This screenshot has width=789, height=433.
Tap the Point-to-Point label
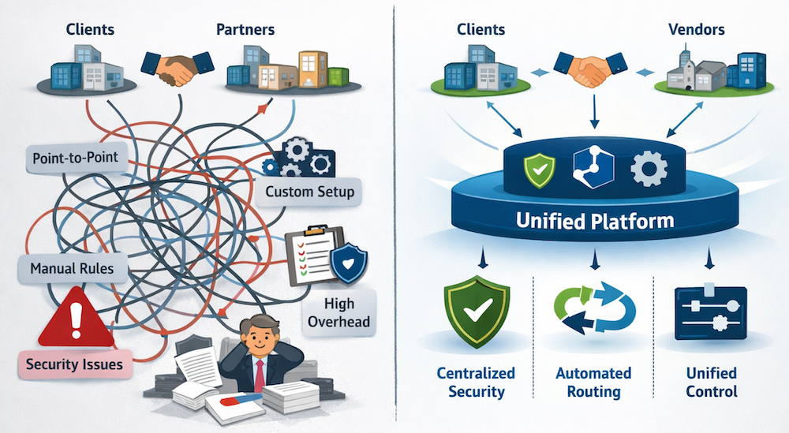tap(76, 158)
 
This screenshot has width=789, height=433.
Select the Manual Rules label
tap(71, 268)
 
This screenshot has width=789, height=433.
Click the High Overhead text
tap(338, 312)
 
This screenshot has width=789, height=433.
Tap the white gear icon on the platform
tap(649, 168)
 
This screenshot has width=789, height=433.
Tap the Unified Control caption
tap(711, 382)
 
